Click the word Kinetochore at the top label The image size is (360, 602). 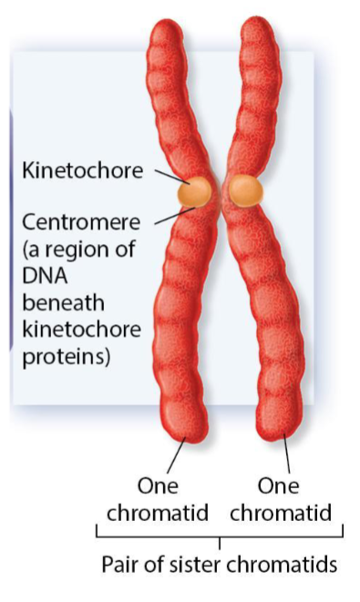[x=81, y=170]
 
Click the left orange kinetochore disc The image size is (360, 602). [x=196, y=190]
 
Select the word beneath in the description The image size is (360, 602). [x=57, y=303]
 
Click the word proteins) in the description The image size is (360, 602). [x=66, y=356]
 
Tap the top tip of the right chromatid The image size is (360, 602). [x=257, y=26]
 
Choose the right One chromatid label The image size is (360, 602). [x=280, y=499]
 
